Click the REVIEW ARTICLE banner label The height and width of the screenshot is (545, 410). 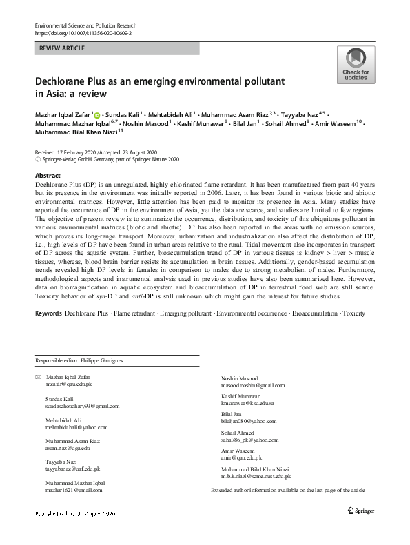[x=64, y=48]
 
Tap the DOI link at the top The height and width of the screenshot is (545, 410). [x=83, y=32]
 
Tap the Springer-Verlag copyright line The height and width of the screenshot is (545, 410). [x=110, y=158]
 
